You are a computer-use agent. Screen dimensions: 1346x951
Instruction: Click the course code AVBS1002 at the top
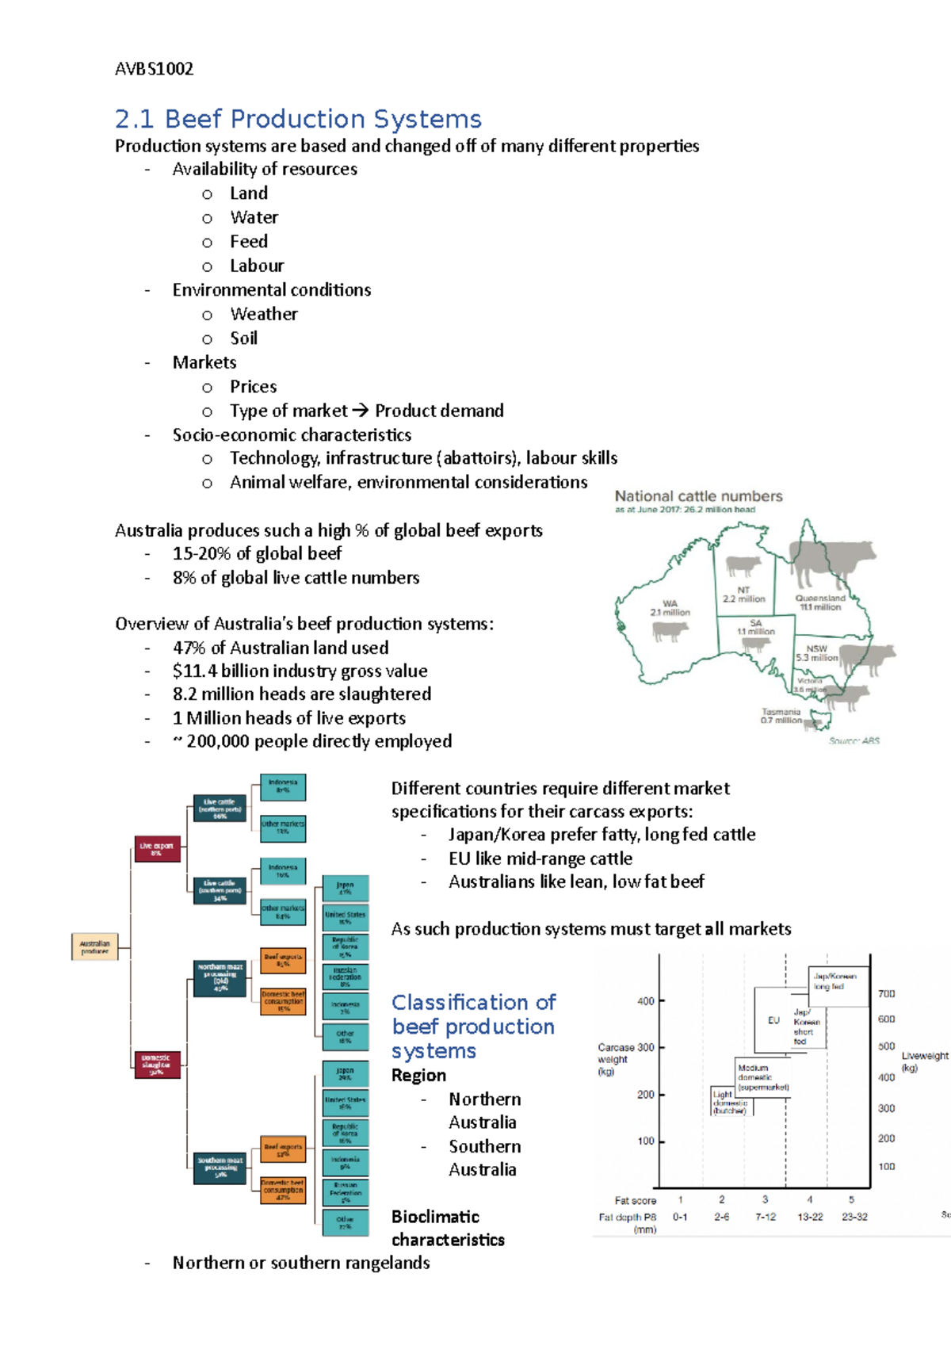coord(154,69)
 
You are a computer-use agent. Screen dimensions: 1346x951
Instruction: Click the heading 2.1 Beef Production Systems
coord(298,119)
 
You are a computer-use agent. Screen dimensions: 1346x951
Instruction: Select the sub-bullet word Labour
coord(257,266)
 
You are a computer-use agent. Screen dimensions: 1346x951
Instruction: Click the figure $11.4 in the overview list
coord(194,671)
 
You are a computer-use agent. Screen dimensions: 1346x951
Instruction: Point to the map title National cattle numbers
coord(698,496)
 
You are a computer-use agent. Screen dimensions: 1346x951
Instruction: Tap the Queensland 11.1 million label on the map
coord(820,602)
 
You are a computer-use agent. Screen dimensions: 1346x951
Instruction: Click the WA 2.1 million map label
coord(670,608)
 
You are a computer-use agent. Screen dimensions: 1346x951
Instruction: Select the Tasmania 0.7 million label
coord(781,716)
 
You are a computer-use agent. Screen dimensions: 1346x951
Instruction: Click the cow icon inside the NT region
coord(743,566)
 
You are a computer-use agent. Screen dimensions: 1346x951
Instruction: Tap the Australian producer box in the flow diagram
coord(94,946)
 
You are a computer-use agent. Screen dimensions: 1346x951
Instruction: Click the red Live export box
coord(156,848)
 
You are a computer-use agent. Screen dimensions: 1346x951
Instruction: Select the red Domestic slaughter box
coord(156,1063)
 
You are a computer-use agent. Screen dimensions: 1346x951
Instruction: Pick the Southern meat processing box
coord(220,1168)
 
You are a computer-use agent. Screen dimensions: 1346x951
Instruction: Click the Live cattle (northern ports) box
coord(220,809)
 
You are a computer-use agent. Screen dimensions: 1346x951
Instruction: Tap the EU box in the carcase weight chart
coord(773,1020)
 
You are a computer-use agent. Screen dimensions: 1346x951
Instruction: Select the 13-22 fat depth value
coord(810,1217)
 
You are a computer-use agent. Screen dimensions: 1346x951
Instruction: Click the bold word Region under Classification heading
coord(418,1076)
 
